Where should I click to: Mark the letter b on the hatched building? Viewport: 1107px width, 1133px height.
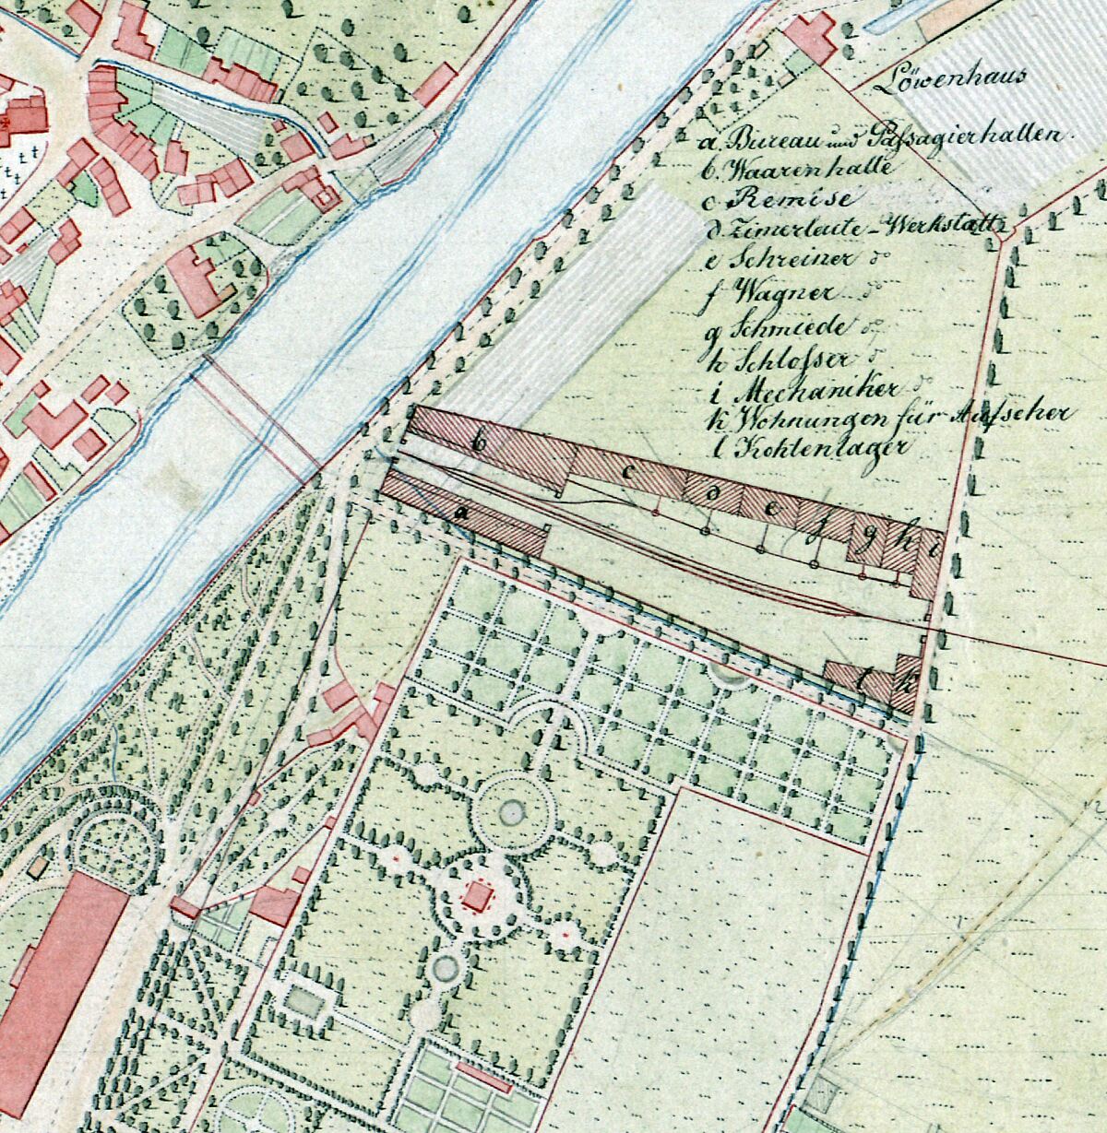[478, 442]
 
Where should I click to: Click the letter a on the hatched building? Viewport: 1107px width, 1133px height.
[459, 509]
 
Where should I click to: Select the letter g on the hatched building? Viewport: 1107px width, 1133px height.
[864, 541]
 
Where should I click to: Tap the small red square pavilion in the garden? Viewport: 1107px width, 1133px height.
[478, 895]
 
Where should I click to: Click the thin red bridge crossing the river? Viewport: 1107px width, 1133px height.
[255, 419]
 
